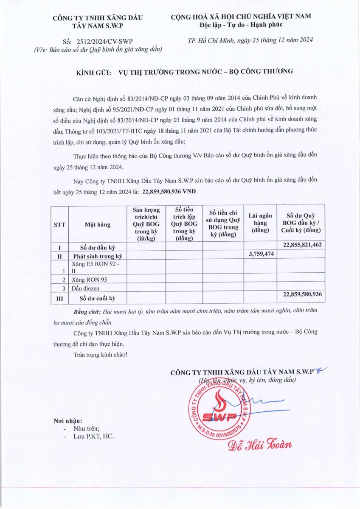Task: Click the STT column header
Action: coord(59,225)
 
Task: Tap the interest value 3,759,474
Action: coord(260,254)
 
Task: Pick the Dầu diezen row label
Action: coord(85,288)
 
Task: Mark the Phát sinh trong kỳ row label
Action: coord(97,256)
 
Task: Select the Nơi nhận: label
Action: coord(67,421)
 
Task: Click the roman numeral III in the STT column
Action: coord(59,298)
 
